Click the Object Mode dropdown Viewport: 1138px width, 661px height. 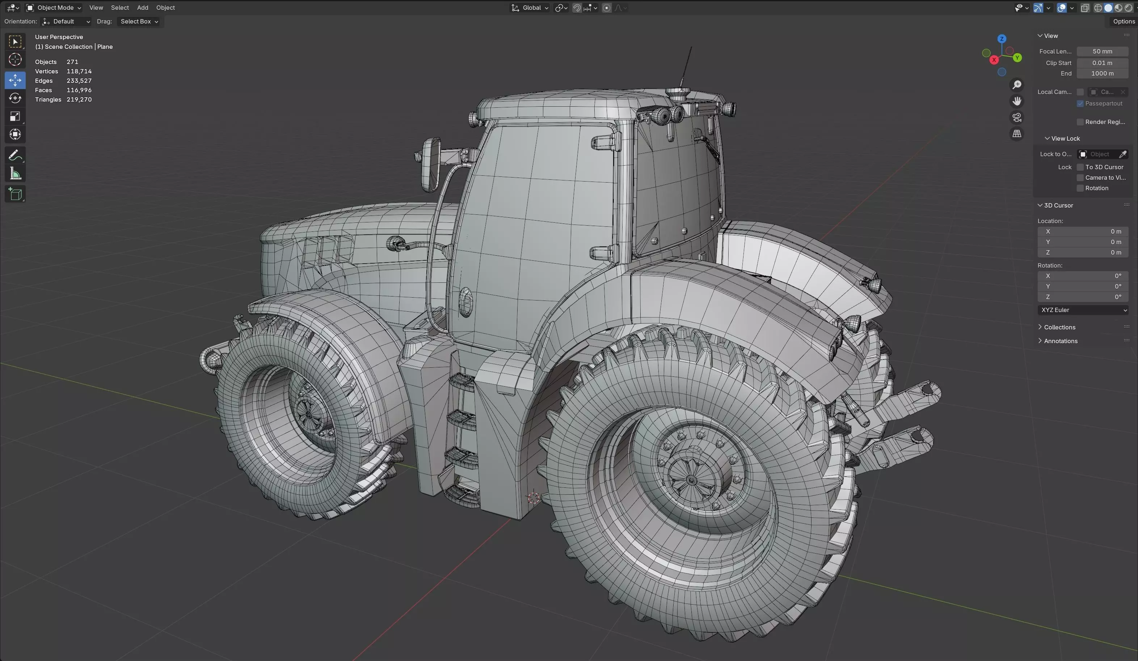(54, 8)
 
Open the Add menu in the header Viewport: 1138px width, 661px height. (142, 8)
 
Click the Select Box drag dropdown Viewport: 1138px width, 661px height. (139, 22)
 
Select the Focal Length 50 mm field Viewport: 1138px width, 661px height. (1102, 51)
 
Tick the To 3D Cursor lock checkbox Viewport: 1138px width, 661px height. (1080, 167)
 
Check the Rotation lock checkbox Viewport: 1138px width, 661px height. (1080, 188)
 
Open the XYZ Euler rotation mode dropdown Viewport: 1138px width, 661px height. (1083, 310)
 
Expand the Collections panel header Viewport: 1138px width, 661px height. (1059, 327)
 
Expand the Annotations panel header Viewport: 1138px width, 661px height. (1060, 341)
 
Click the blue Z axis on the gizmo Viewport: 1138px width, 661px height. (1002, 39)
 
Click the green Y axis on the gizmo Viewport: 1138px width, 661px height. (1017, 58)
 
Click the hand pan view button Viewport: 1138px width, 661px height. (1016, 101)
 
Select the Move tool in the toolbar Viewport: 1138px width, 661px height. (15, 80)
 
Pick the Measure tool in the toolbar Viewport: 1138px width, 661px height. (15, 174)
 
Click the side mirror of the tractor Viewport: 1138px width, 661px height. (430, 165)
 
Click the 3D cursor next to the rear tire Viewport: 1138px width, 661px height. (533, 498)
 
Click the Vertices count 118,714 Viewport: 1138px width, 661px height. (79, 71)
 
